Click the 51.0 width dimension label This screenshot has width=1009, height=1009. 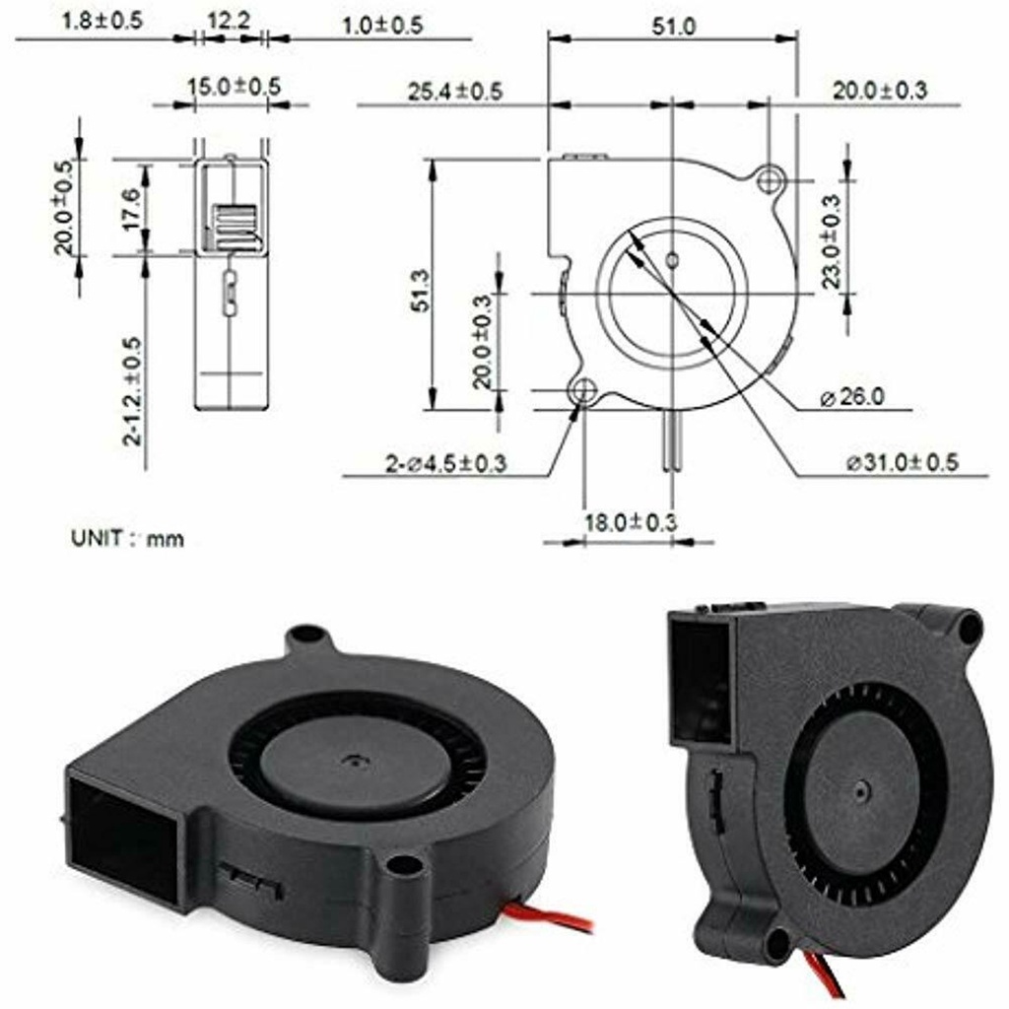click(673, 27)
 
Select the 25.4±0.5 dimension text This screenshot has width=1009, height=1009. click(455, 92)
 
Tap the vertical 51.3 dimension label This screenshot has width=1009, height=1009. click(422, 292)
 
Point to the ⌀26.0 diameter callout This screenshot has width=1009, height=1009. click(852, 397)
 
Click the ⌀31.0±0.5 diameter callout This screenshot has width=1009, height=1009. click(903, 462)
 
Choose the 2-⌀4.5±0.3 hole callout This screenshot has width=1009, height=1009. click(446, 463)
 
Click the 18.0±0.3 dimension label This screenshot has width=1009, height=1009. click(631, 522)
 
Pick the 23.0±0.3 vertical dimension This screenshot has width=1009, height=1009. click(831, 241)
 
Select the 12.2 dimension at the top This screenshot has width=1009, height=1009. click(229, 22)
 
